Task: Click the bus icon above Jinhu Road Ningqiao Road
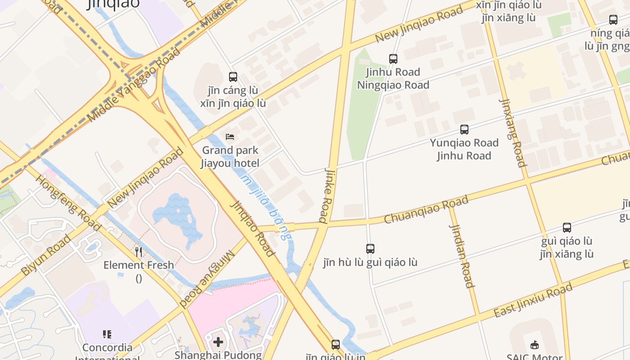coord(393,58)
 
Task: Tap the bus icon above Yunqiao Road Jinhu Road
coord(464,130)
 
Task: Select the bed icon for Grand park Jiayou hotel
coord(230,136)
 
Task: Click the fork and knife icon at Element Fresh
coord(139,252)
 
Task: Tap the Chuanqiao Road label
coord(426,209)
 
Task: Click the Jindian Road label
coord(462,256)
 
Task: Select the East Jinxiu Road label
coord(533,300)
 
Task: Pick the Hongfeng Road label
coord(68,203)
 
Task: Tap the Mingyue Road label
coord(208,279)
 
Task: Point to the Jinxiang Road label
coord(513,133)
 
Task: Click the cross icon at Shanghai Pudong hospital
coord(218,342)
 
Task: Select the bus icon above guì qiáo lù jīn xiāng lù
coord(567,228)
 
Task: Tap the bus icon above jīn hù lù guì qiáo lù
coord(370,248)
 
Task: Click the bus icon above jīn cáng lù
coord(233,77)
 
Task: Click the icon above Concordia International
coord(107,334)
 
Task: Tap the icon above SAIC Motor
coord(535,345)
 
